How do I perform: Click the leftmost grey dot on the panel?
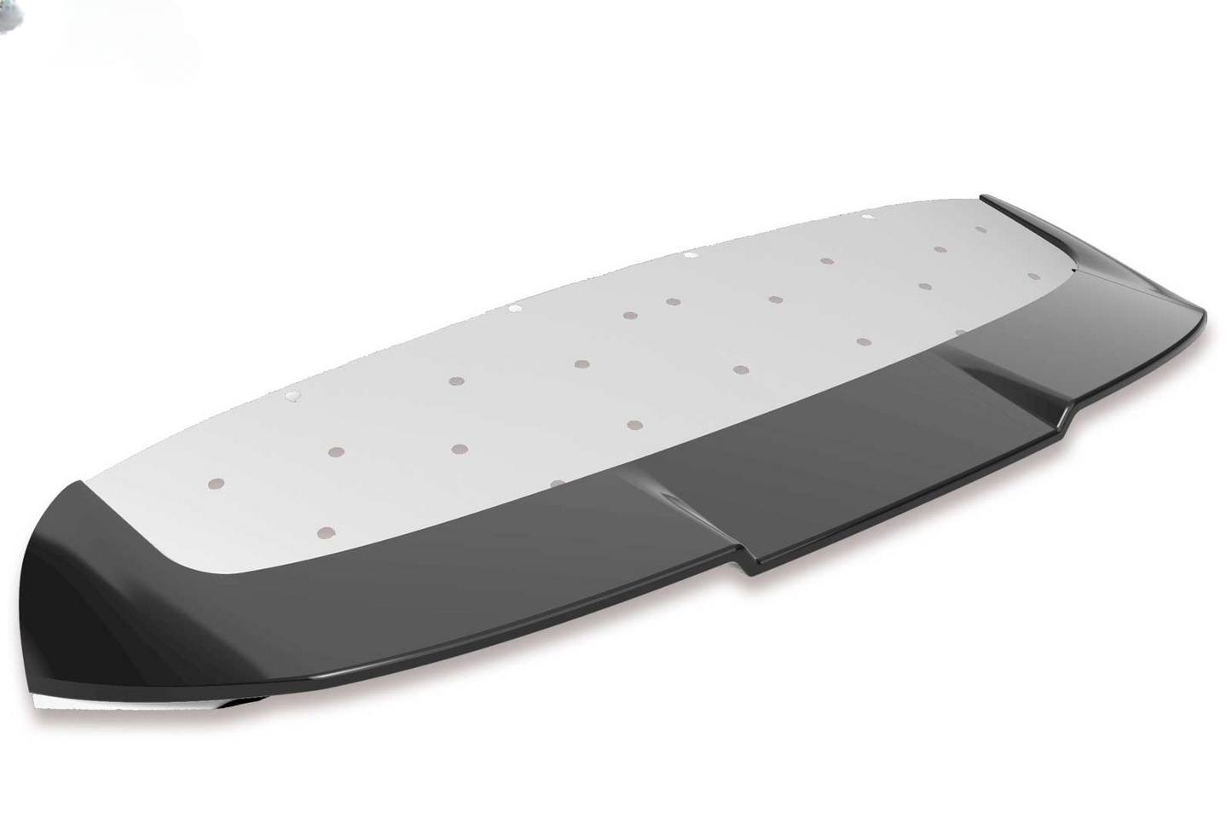(217, 484)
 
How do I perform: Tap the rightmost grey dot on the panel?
(1034, 276)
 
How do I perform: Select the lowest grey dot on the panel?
(324, 533)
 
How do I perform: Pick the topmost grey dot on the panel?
(981, 229)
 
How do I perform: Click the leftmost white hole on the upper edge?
(292, 395)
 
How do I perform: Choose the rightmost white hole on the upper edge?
(868, 217)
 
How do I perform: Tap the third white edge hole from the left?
(690, 254)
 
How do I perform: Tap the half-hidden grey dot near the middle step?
(558, 484)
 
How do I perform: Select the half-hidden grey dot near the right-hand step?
(960, 333)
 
